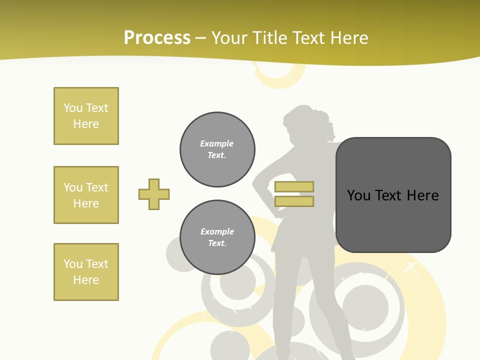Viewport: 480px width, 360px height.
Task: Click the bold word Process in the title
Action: click(157, 38)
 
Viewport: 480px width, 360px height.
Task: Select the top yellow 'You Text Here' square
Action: click(86, 116)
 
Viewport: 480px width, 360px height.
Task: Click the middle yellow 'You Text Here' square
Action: click(86, 195)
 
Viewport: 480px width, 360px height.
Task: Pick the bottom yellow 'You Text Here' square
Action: click(86, 272)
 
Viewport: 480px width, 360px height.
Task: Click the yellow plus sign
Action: click(154, 194)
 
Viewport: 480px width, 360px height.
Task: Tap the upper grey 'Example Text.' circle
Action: click(217, 149)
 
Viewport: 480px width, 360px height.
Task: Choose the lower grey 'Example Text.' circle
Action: click(217, 237)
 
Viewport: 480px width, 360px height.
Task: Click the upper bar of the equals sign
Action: click(294, 187)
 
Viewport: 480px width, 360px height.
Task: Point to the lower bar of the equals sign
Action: click(294, 201)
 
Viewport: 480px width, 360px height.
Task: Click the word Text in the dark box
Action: click(390, 195)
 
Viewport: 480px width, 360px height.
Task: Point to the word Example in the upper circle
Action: click(217, 143)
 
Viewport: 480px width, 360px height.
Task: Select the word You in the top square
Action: click(73, 108)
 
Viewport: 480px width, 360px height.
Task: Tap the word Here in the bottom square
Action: click(86, 280)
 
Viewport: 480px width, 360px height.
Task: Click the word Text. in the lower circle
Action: click(217, 243)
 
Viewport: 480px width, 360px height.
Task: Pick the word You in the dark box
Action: click(358, 195)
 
